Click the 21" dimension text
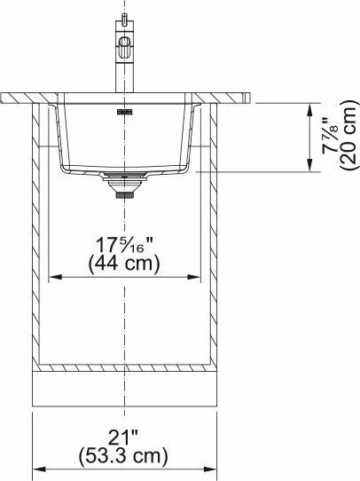[x=123, y=438]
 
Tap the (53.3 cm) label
[x=123, y=456]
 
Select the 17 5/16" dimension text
[x=124, y=245]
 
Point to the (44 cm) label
[x=124, y=264]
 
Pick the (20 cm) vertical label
[x=348, y=135]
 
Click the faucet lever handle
[x=124, y=47]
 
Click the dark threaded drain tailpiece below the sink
[x=125, y=195]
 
